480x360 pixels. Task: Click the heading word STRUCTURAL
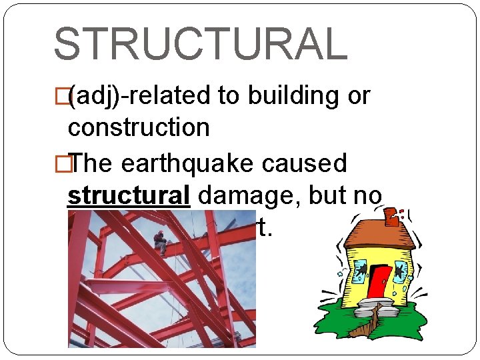[200, 43]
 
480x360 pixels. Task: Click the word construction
[139, 127]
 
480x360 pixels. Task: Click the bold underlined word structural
[129, 195]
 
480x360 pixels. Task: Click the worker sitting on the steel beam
[159, 242]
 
